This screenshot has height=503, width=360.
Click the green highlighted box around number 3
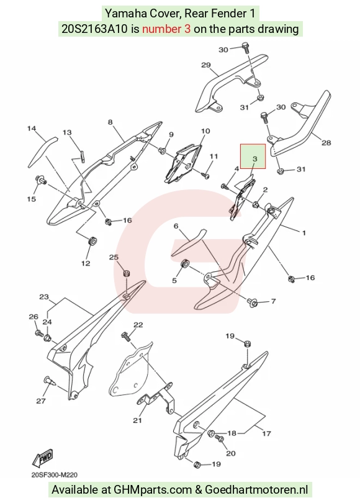pyautogui.click(x=253, y=156)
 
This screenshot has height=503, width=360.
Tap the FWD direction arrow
pyautogui.click(x=42, y=458)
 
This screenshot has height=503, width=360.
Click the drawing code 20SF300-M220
pyautogui.click(x=54, y=475)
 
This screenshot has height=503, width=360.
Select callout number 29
pyautogui.click(x=206, y=65)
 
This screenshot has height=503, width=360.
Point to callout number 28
pyautogui.click(x=326, y=142)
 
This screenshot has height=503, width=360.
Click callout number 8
pyautogui.click(x=110, y=122)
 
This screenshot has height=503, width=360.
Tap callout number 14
pyautogui.click(x=32, y=129)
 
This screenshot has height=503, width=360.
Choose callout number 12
pyautogui.click(x=86, y=263)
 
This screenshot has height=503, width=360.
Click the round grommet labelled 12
pyautogui.click(x=92, y=240)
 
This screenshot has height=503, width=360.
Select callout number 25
pyautogui.click(x=114, y=257)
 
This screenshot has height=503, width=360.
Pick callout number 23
pyautogui.click(x=44, y=297)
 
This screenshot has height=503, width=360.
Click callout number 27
pyautogui.click(x=41, y=401)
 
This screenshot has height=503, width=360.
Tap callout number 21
pyautogui.click(x=137, y=420)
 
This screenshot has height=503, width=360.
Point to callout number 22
pyautogui.click(x=138, y=325)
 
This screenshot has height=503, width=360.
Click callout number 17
pyautogui.click(x=267, y=433)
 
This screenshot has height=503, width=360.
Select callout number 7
pyautogui.click(x=274, y=301)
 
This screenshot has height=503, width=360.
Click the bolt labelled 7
pyautogui.click(x=251, y=302)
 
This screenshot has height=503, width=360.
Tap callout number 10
pyautogui.click(x=205, y=131)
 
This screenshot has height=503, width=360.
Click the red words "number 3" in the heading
pyautogui.click(x=166, y=29)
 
